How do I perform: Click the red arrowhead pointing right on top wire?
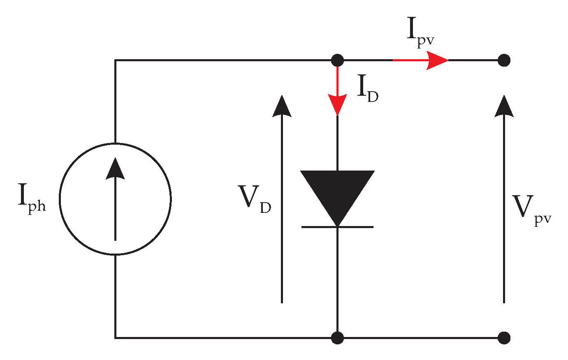(437, 60)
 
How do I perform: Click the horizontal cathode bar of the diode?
(337, 227)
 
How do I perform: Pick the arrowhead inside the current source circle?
(115, 169)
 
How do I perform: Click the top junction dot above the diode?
(337, 60)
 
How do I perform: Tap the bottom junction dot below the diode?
(337, 338)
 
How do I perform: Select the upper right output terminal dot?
(504, 60)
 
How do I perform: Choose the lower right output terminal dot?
(504, 338)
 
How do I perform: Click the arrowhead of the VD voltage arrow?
(282, 106)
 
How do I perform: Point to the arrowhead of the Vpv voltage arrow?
(504, 106)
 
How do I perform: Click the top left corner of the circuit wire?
(116, 61)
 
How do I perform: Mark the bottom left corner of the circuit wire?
(116, 338)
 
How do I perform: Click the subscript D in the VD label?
(265, 208)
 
